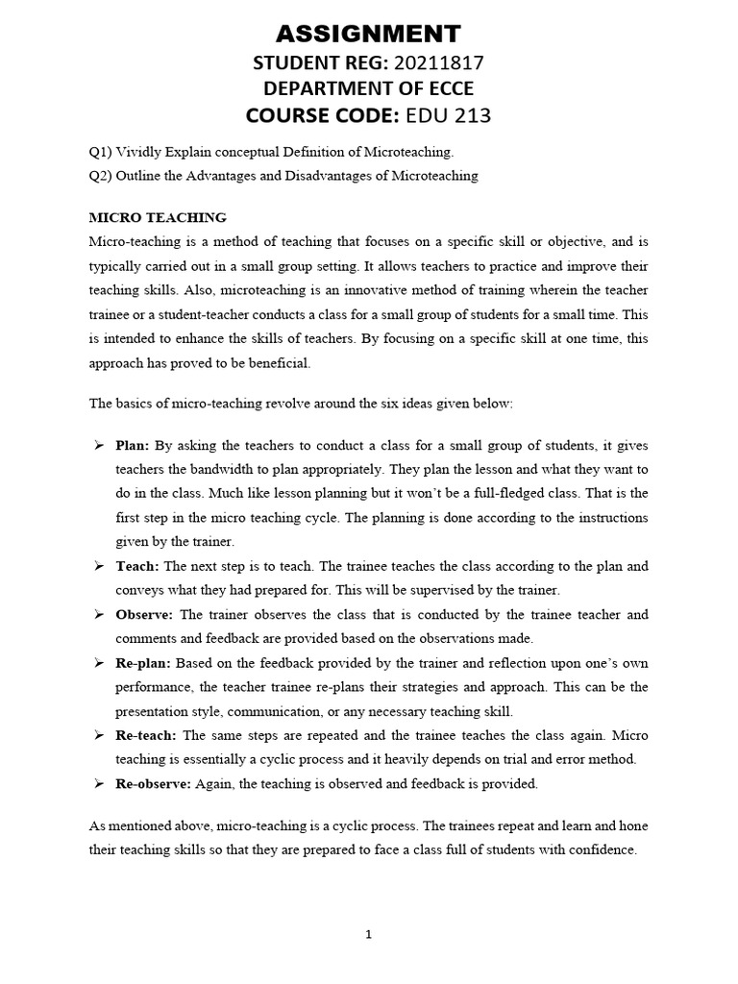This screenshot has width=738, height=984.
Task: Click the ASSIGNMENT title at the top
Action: click(x=369, y=35)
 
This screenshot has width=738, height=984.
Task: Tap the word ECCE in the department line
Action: click(x=443, y=89)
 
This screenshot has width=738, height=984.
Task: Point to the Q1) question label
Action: click(x=100, y=153)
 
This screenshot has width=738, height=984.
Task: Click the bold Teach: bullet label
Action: click(x=136, y=566)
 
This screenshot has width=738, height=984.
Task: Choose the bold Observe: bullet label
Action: click(x=144, y=614)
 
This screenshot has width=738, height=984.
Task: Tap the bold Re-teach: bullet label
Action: click(x=146, y=735)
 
